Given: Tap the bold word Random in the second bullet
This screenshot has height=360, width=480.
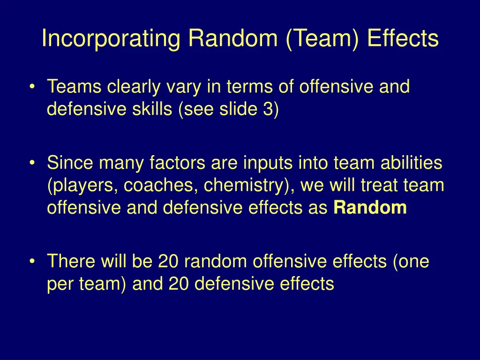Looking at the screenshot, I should pyautogui.click(x=370, y=208).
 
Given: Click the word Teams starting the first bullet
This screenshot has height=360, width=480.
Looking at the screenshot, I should pyautogui.click(x=75, y=87).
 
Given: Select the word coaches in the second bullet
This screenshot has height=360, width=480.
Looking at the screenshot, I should pyautogui.click(x=163, y=186).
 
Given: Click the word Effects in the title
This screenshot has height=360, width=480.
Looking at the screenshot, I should pyautogui.click(x=403, y=39).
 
